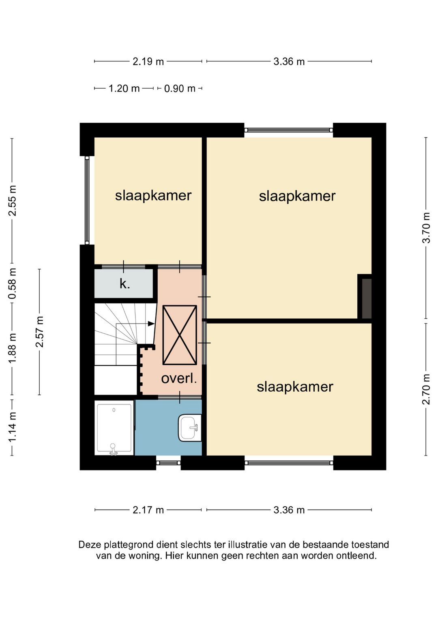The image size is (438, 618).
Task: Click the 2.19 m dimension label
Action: (148, 61)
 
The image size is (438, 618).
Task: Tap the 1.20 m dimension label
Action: (124, 89)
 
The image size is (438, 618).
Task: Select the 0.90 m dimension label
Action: (180, 89)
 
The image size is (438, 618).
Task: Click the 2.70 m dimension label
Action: (426, 389)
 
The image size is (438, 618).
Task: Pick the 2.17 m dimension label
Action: (148, 510)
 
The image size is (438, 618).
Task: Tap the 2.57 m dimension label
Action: (39, 332)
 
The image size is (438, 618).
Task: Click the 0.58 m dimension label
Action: (13, 283)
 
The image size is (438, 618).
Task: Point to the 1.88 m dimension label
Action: (13, 348)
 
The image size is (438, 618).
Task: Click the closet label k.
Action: (125, 283)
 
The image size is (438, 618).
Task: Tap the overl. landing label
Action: (179, 378)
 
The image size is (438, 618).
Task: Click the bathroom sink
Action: (190, 427)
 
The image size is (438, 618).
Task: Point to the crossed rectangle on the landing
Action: (180, 335)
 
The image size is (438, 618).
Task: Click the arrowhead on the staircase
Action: (151, 324)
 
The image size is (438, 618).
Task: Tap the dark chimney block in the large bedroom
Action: (367, 299)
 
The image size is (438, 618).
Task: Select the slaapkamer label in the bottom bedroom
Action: (295, 387)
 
